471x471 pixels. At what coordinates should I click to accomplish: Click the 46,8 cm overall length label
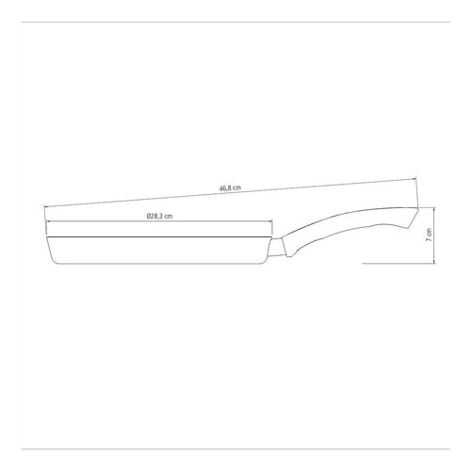(x=230, y=188)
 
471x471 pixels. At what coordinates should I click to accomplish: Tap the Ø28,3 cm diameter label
(x=159, y=216)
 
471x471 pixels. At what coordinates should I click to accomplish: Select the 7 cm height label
(x=429, y=235)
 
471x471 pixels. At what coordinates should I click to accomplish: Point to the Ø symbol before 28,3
(x=149, y=216)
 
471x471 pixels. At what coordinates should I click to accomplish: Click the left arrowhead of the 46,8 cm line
(x=45, y=207)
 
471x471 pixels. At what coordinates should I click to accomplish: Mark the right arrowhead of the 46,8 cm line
(x=414, y=179)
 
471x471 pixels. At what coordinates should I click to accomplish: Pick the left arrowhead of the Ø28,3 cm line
(x=48, y=221)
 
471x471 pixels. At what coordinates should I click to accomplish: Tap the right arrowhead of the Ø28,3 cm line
(x=270, y=221)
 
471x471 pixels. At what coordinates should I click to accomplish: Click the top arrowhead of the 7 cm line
(x=434, y=209)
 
